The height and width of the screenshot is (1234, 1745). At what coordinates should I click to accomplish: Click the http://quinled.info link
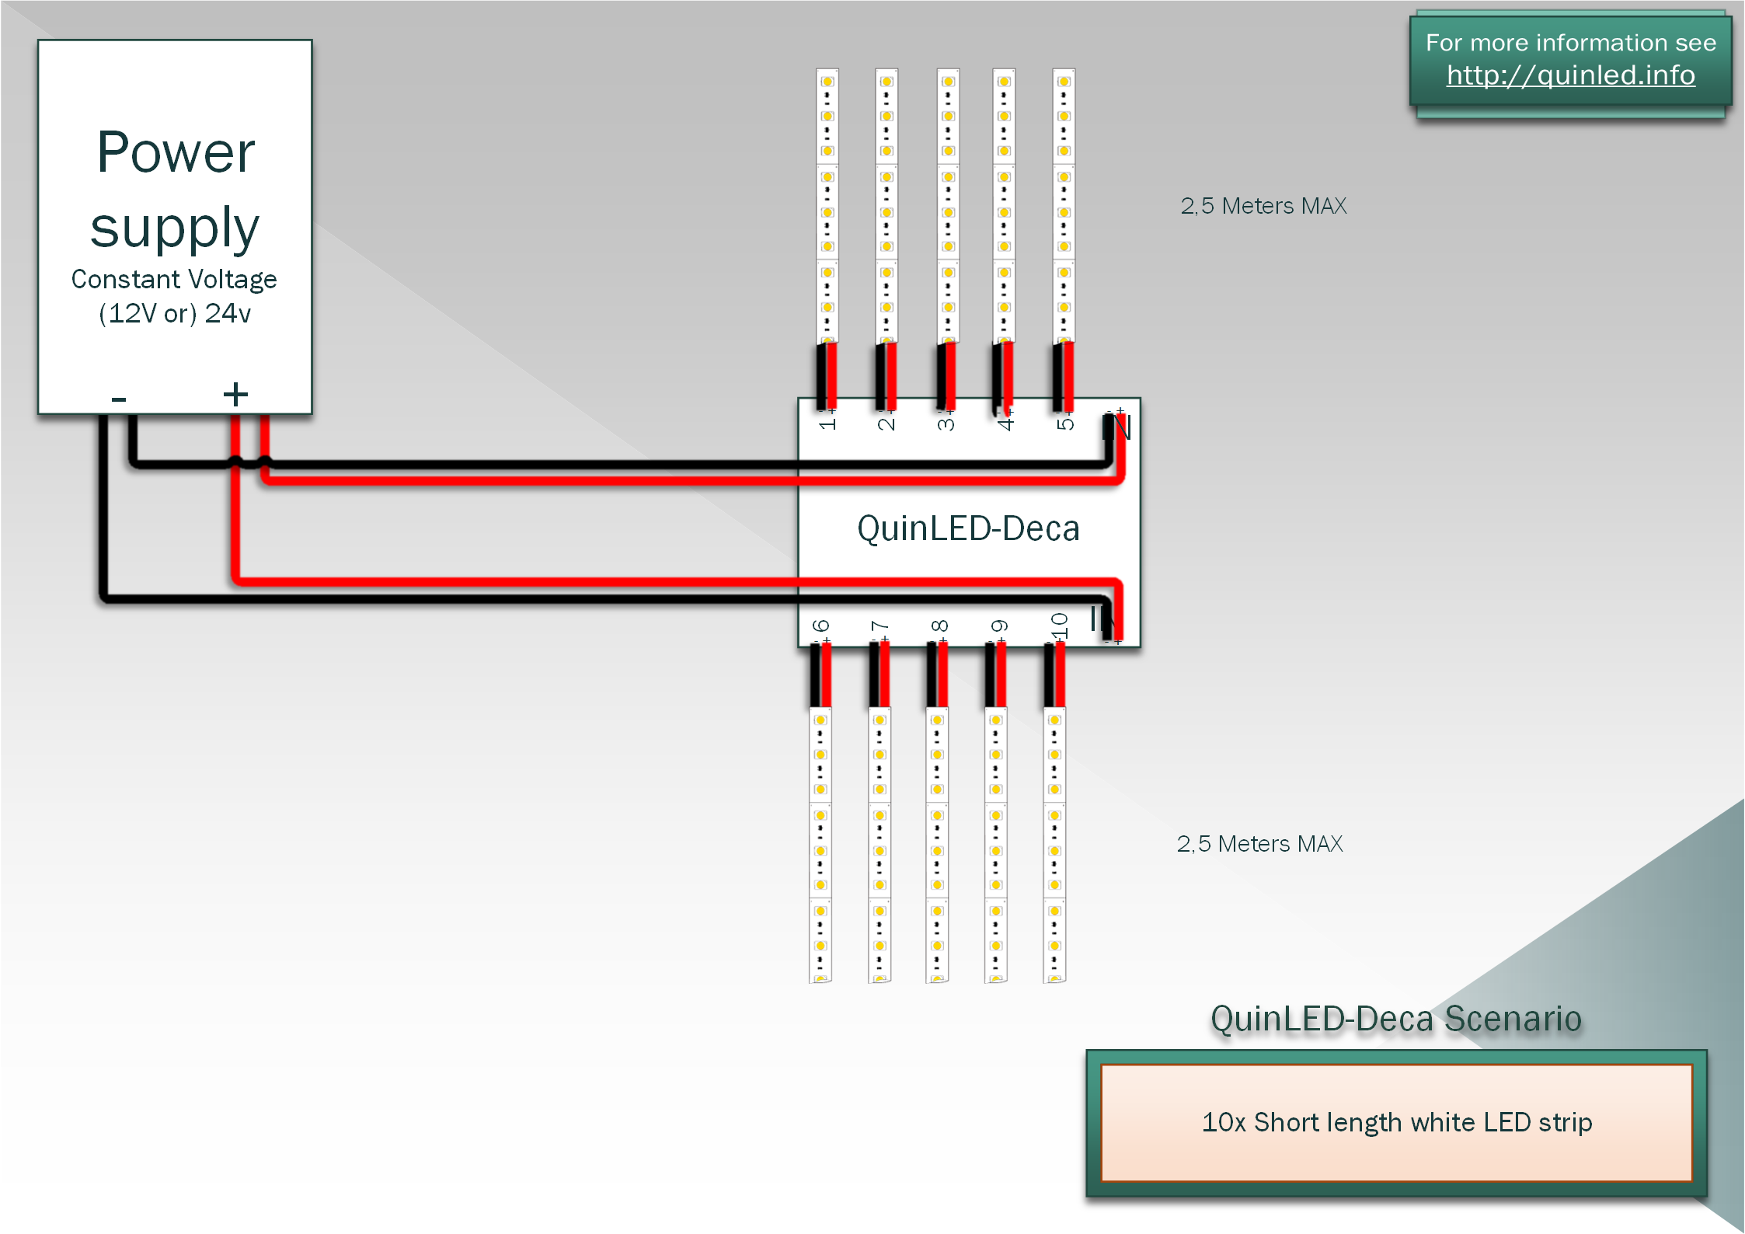click(x=1570, y=75)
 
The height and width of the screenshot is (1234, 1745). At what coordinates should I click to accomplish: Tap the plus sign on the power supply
click(x=235, y=394)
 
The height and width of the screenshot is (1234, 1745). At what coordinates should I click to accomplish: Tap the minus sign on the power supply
click(x=118, y=399)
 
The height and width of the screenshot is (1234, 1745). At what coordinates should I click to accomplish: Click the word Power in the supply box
click(x=176, y=152)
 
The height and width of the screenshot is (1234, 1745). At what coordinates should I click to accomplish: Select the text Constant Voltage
click(x=174, y=279)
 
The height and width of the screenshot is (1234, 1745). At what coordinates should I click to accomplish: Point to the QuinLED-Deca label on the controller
click(x=968, y=528)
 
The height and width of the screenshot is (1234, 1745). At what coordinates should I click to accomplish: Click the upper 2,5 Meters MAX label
click(x=1263, y=206)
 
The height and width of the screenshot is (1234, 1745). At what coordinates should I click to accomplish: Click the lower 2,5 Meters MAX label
click(x=1259, y=844)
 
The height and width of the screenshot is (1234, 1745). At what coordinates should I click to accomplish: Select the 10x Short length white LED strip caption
click(x=1397, y=1122)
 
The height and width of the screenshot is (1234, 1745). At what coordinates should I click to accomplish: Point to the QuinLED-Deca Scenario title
click(x=1396, y=1019)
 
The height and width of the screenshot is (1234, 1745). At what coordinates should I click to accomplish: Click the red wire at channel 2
click(x=891, y=376)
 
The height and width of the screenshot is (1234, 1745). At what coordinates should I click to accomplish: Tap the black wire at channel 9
click(x=990, y=675)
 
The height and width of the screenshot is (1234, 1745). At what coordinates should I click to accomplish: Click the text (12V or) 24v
click(x=175, y=314)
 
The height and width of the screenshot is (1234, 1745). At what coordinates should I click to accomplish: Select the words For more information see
click(x=1571, y=42)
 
